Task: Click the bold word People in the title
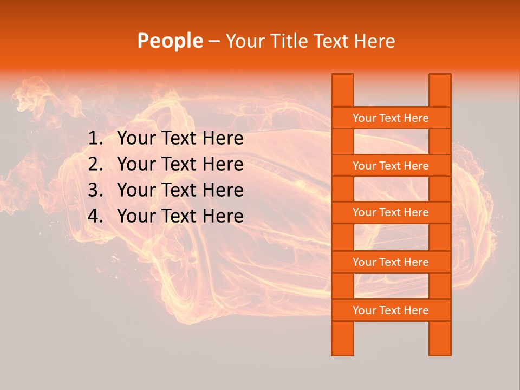(170, 41)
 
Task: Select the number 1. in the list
(95, 139)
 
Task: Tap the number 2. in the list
(95, 164)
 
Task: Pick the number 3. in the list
(95, 190)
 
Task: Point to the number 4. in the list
(95, 216)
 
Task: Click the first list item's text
(180, 139)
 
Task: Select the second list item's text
(180, 164)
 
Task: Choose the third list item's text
(180, 190)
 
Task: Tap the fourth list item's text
(180, 216)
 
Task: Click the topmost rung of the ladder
(391, 118)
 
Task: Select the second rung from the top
(391, 166)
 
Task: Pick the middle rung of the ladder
(391, 213)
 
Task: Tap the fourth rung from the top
(391, 262)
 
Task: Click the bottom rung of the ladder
(391, 310)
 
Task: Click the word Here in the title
(374, 41)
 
